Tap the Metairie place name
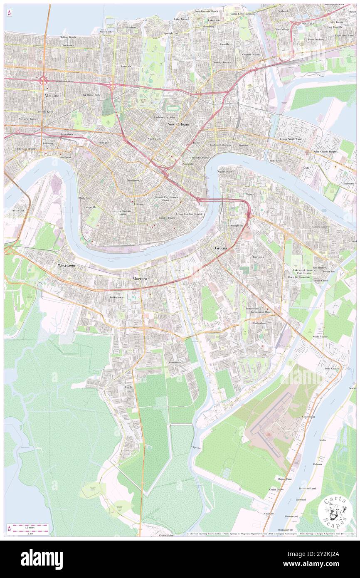coord(52,96)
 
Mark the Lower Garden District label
coord(189,214)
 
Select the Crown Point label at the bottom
coord(166,536)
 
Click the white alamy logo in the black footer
coord(42,559)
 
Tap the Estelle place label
coord(128,387)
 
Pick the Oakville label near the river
coord(269,514)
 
